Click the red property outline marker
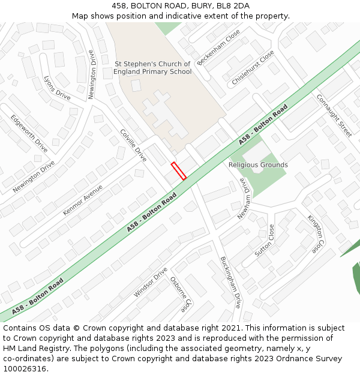click(x=179, y=171)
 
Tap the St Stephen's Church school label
click(x=152, y=68)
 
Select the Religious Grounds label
click(x=258, y=165)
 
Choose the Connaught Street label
click(x=334, y=116)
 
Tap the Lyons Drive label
click(x=57, y=88)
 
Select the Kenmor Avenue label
click(x=83, y=200)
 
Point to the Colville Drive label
click(x=133, y=145)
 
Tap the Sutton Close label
click(x=264, y=241)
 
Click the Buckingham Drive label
click(x=230, y=282)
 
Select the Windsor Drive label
click(x=151, y=282)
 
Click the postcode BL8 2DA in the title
click(x=232, y=6)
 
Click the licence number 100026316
click(x=25, y=369)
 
